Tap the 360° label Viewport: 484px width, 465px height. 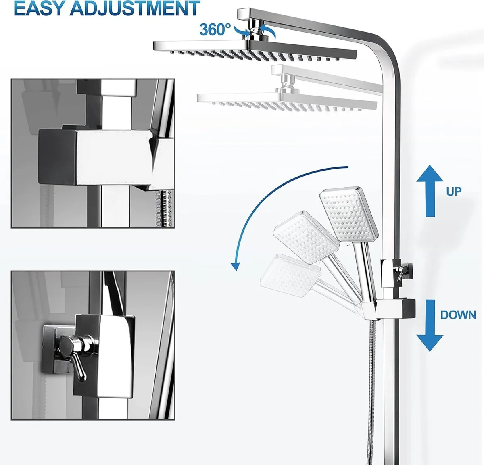click(216, 29)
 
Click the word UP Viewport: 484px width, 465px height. click(454, 191)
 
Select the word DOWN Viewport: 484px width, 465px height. click(458, 315)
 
